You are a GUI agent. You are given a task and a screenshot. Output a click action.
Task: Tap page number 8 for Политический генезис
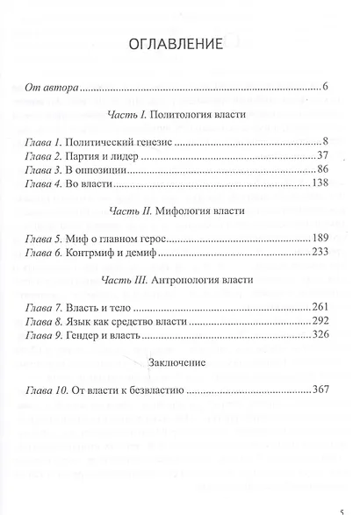pos(325,139)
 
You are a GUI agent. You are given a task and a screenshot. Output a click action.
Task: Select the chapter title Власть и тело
pos(105,308)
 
